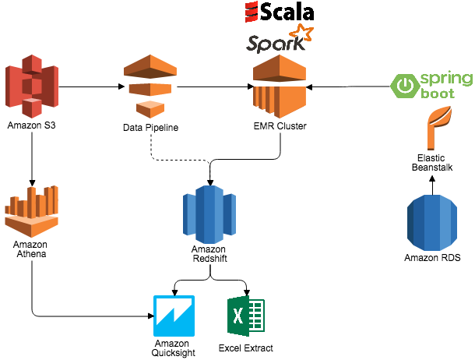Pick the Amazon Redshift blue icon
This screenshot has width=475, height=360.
pyautogui.click(x=209, y=215)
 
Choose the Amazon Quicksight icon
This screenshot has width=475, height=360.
pyautogui.click(x=174, y=316)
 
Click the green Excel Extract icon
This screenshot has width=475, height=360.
pyautogui.click(x=245, y=317)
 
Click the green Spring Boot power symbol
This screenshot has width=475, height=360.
pyautogui.click(x=405, y=85)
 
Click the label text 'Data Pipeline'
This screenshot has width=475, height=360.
pyautogui.click(x=151, y=127)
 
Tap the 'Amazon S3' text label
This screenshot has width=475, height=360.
pyautogui.click(x=31, y=125)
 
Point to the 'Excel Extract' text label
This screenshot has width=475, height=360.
pyautogui.click(x=245, y=348)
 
